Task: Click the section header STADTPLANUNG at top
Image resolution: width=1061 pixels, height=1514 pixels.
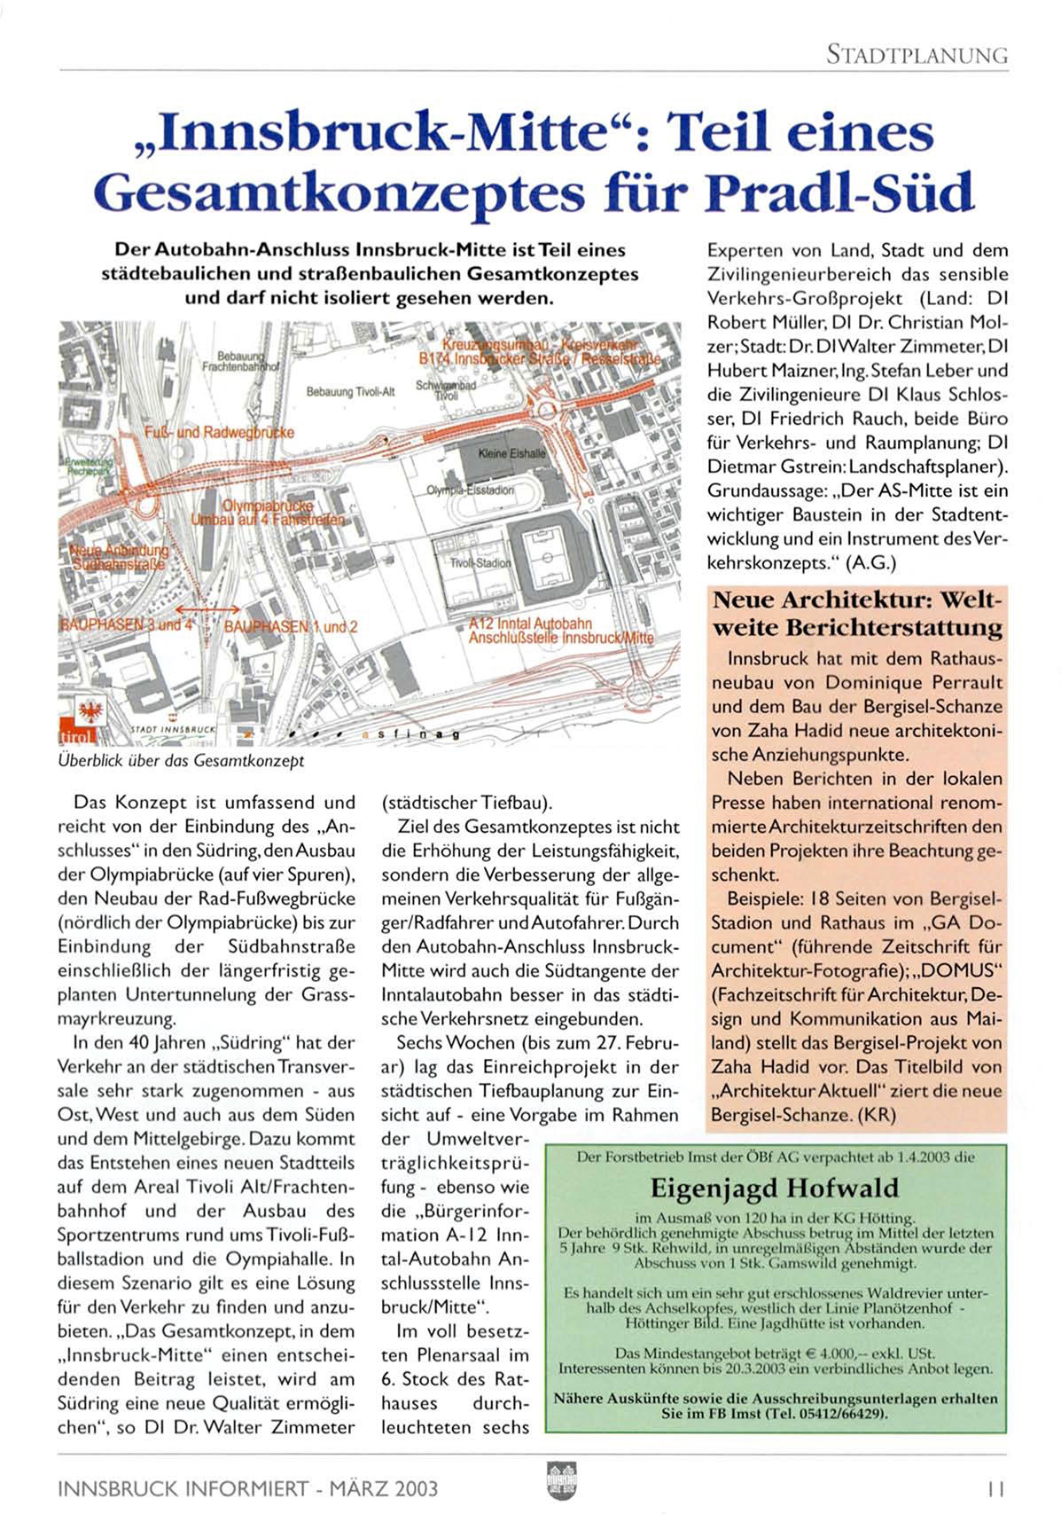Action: click(x=917, y=55)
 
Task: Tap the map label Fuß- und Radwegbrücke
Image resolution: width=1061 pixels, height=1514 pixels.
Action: click(x=219, y=432)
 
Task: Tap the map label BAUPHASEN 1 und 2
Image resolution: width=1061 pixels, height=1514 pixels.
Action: click(x=291, y=627)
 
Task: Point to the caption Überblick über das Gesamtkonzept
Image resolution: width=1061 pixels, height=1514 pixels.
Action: click(x=181, y=761)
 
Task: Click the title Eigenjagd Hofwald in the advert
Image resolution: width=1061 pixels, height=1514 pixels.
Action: click(x=774, y=1188)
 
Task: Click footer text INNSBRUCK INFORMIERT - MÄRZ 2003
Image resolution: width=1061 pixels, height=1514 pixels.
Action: click(x=247, y=1487)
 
